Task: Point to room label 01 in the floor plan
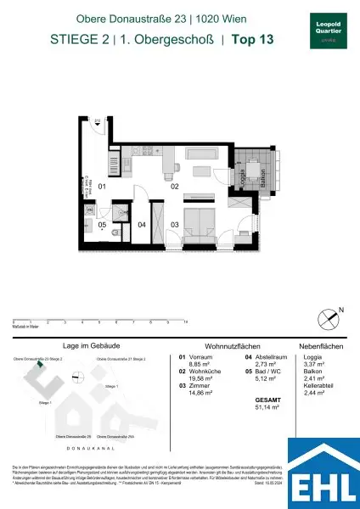pyautogui.click(x=101, y=185)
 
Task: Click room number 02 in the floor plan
pyautogui.click(x=175, y=185)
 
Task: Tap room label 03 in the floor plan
pyautogui.click(x=175, y=224)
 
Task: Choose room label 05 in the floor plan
pyautogui.click(x=101, y=225)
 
